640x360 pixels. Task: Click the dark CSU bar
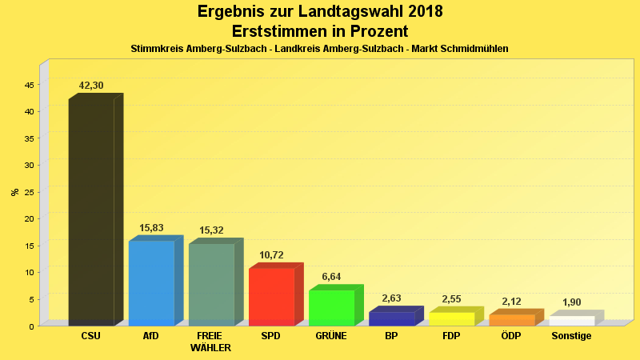click(x=91, y=212)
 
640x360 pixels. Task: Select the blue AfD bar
click(x=151, y=282)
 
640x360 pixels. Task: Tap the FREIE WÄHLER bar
click(x=211, y=284)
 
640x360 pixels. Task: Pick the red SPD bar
click(x=271, y=296)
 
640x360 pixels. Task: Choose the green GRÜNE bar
click(x=331, y=307)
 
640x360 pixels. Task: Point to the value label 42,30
click(x=91, y=85)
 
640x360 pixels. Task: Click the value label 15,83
click(x=151, y=228)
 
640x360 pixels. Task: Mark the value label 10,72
click(x=271, y=255)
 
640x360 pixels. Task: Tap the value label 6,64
click(x=331, y=277)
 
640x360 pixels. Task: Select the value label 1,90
click(x=571, y=302)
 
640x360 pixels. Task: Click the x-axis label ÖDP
click(x=511, y=336)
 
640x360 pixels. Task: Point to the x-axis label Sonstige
click(x=571, y=336)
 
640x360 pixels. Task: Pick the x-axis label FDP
click(x=451, y=336)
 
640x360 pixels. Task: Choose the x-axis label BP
click(x=391, y=336)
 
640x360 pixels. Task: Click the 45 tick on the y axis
click(x=29, y=85)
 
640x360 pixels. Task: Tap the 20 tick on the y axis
click(x=29, y=218)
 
